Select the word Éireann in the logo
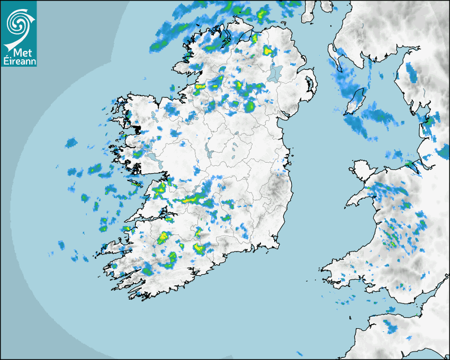click(x=19, y=62)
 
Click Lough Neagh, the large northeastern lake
click(x=275, y=73)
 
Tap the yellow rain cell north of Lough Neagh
click(x=268, y=51)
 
